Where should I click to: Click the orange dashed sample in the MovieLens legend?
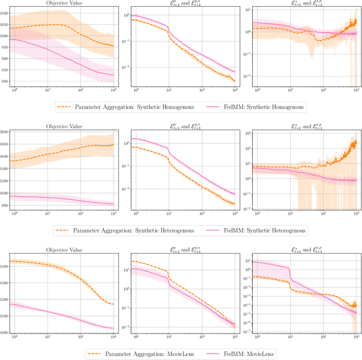(97, 354)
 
